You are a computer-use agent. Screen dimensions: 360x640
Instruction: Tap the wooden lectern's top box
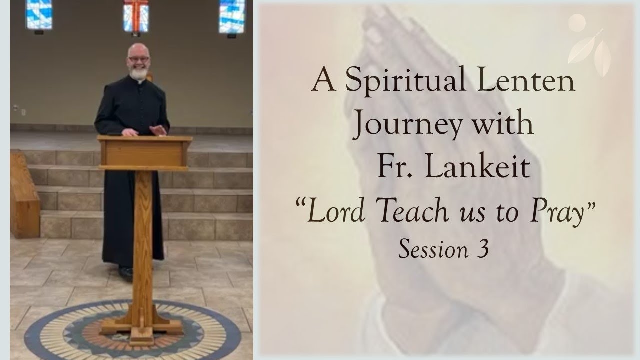[x=145, y=152]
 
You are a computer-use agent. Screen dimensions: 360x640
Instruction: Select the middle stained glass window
[x=135, y=15]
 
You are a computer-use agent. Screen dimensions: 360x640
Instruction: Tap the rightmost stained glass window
[x=232, y=15]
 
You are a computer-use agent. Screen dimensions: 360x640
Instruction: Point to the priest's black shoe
[x=126, y=272]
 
